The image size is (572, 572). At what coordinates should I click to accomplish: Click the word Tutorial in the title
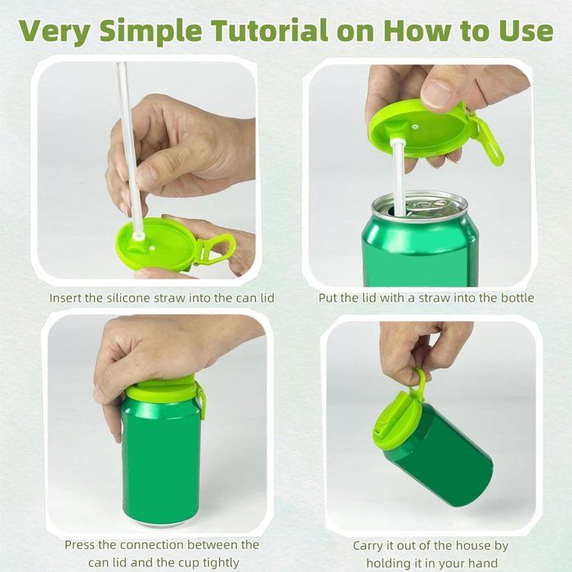(270, 31)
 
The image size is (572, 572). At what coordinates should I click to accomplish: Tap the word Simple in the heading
(150, 32)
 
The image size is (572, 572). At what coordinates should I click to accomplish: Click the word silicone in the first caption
(128, 298)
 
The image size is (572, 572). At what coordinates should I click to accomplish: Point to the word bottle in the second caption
(517, 297)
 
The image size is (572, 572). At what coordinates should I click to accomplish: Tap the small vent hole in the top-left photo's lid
(151, 248)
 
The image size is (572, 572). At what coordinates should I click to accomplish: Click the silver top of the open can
(419, 207)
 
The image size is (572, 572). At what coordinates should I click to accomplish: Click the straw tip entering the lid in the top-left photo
(138, 236)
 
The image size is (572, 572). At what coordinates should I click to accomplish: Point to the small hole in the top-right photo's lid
(415, 127)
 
